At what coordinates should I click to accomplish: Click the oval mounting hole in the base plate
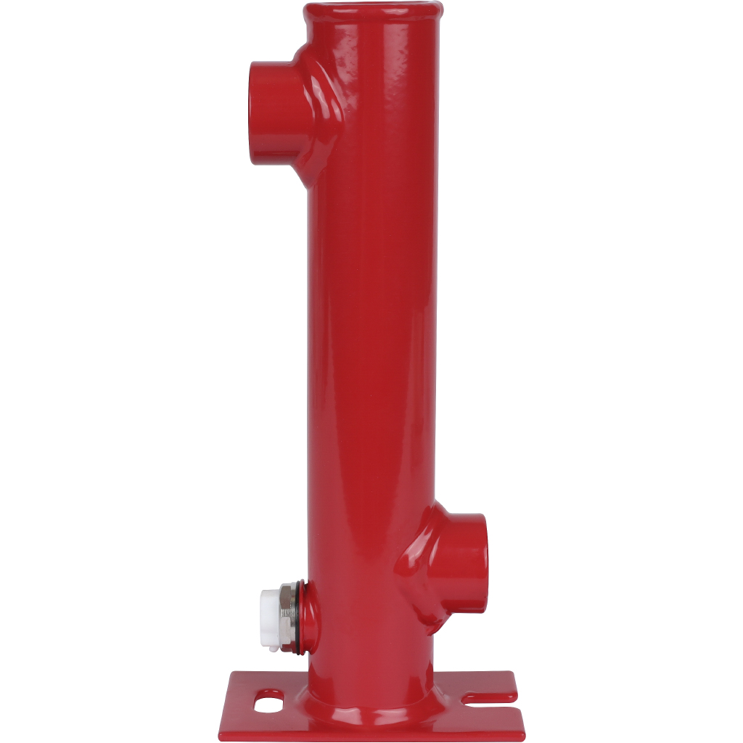(x=268, y=702)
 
